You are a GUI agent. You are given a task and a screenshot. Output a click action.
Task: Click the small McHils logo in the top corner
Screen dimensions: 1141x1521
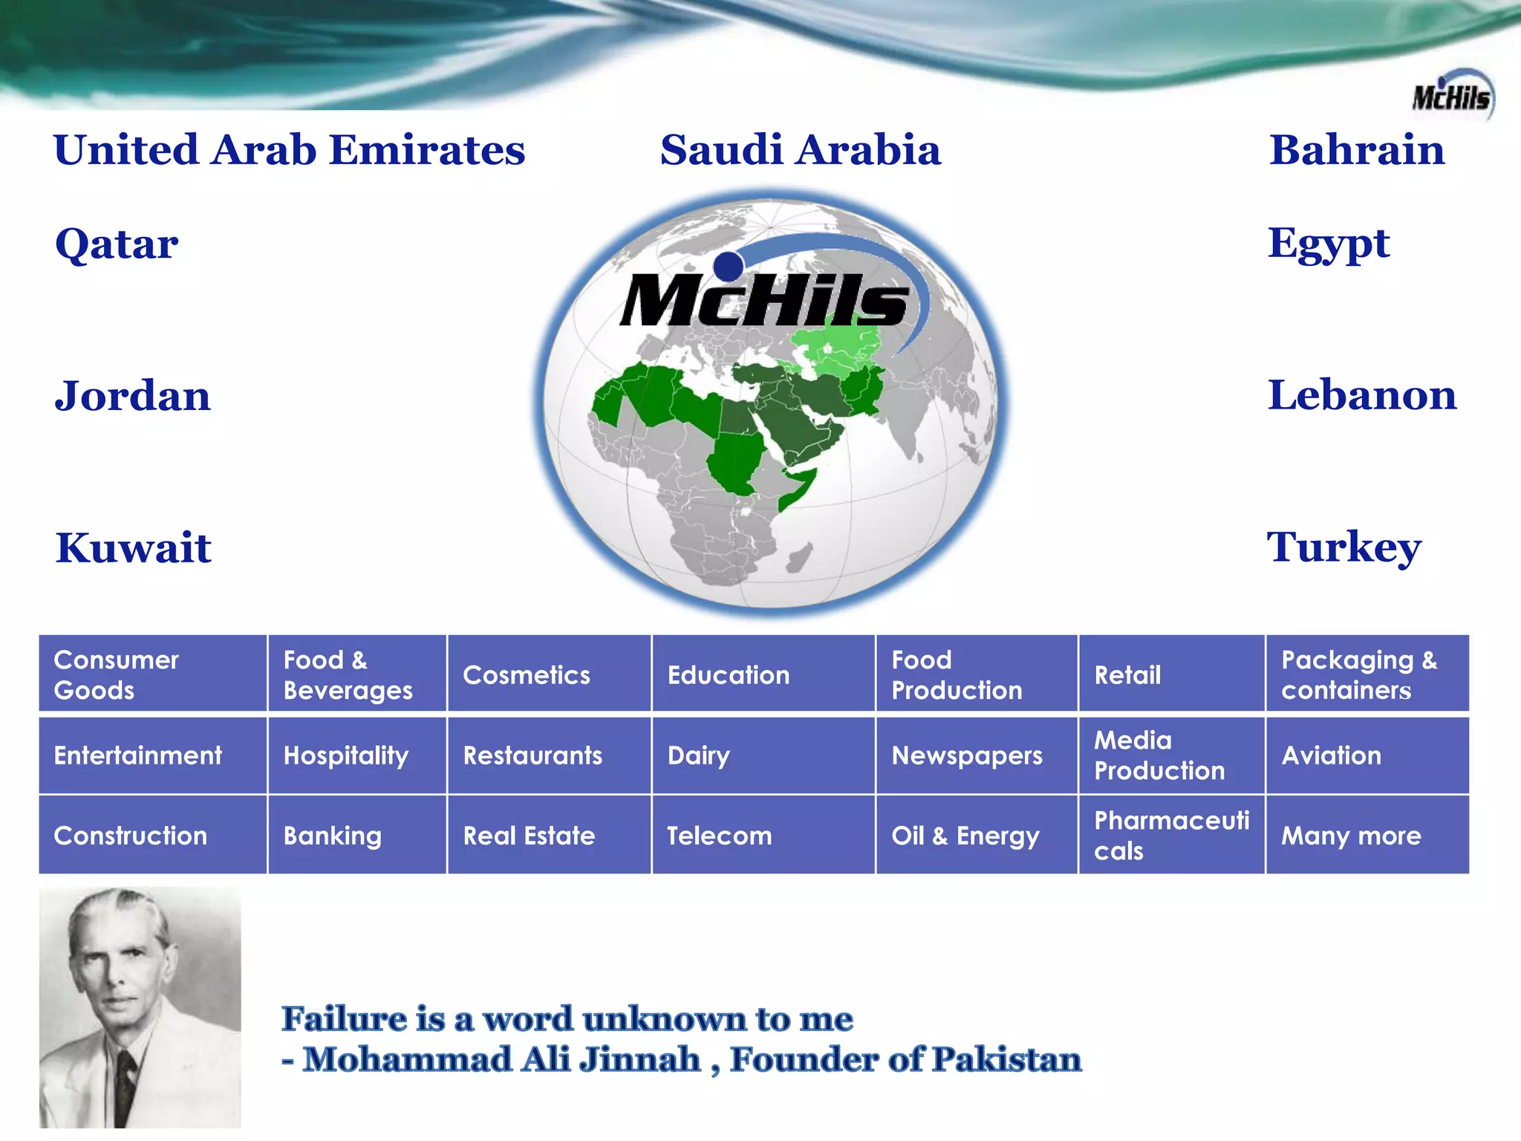point(1452,96)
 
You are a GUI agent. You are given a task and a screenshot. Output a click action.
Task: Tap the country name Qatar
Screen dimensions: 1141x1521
point(117,244)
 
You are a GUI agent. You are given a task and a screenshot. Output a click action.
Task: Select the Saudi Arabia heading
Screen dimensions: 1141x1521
point(800,150)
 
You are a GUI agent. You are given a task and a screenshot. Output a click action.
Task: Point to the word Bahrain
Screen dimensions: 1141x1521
point(1356,150)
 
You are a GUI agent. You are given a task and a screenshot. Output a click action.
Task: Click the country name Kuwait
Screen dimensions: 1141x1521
point(134,548)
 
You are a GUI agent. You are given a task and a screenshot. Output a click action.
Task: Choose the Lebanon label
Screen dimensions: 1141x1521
point(1361,395)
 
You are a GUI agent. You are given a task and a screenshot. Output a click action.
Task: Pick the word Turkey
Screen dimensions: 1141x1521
point(1344,547)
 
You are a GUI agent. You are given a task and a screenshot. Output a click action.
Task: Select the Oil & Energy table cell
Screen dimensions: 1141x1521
point(965,836)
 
